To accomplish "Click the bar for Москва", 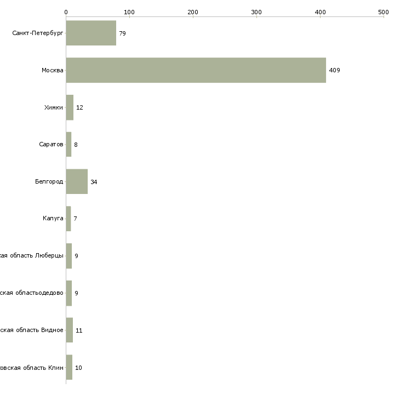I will (x=196, y=70).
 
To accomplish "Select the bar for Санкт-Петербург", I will (x=91, y=33).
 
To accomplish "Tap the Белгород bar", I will (x=77, y=181).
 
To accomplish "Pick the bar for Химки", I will (x=70, y=107).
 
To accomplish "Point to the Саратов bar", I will (x=68, y=145).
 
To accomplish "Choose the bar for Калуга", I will (x=68, y=219).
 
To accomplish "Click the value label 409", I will (x=334, y=70).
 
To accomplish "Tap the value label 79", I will (x=122, y=33).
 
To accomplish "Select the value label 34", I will (x=94, y=182).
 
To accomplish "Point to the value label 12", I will (x=79, y=107).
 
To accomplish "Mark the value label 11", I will (x=79, y=330).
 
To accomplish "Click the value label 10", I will (x=78, y=368).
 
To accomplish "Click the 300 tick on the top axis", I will (x=256, y=12).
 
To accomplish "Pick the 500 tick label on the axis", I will (x=384, y=12).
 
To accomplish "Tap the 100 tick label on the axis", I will (x=129, y=12).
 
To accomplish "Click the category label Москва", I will (x=53, y=70).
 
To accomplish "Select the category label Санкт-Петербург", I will (x=38, y=33).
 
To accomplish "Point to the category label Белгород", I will (x=49, y=181).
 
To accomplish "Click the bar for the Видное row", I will (x=70, y=330).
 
